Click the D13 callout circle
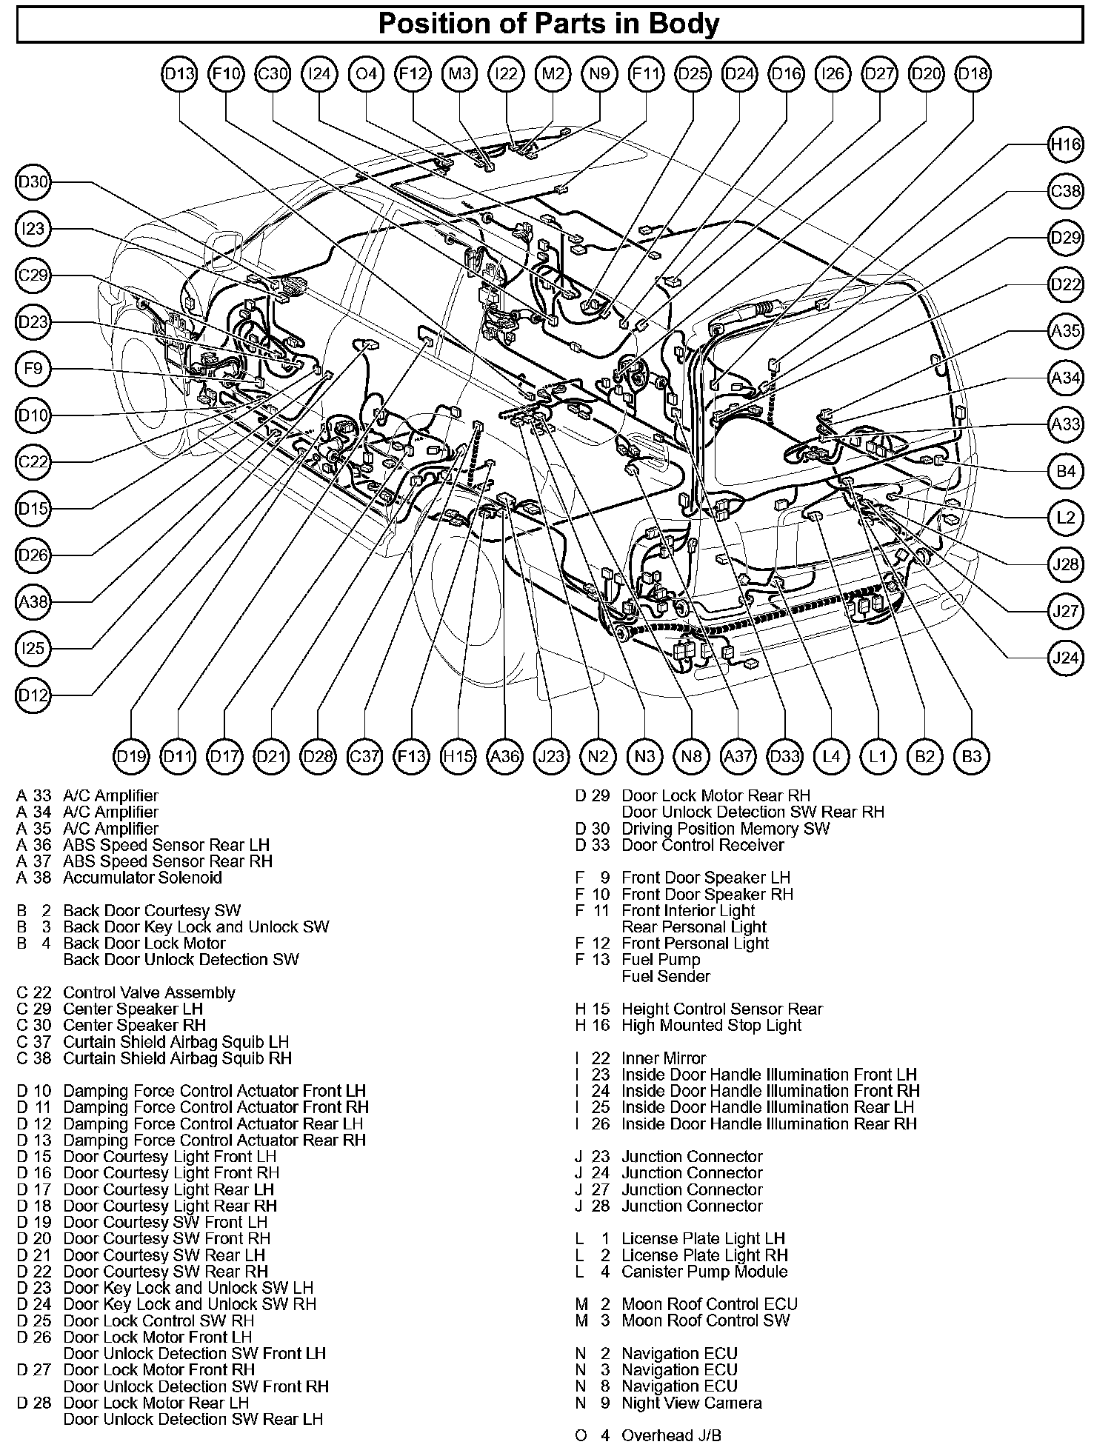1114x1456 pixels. tap(179, 74)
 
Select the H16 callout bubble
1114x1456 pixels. tap(1066, 144)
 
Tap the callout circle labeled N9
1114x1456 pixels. tap(599, 74)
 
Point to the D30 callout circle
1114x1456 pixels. tap(33, 183)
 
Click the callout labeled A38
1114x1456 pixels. tap(33, 602)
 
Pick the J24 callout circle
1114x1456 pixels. tap(1066, 658)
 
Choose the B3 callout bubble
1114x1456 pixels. tap(971, 756)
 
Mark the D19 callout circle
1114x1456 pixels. tap(132, 756)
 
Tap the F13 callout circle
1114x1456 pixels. tap(412, 756)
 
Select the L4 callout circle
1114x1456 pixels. tap(831, 756)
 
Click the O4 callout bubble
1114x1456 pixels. tap(366, 74)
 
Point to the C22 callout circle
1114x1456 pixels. tap(33, 462)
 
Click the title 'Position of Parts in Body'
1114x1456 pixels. tap(549, 24)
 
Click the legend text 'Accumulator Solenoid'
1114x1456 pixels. tap(142, 878)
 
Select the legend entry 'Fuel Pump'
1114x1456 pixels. tap(661, 960)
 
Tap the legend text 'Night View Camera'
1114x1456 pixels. tap(691, 1403)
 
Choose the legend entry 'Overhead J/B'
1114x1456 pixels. tap(671, 1435)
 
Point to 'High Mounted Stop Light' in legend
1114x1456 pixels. tap(711, 1026)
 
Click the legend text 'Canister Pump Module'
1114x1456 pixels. tap(704, 1272)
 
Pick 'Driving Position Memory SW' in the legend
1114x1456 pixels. tap(725, 829)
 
